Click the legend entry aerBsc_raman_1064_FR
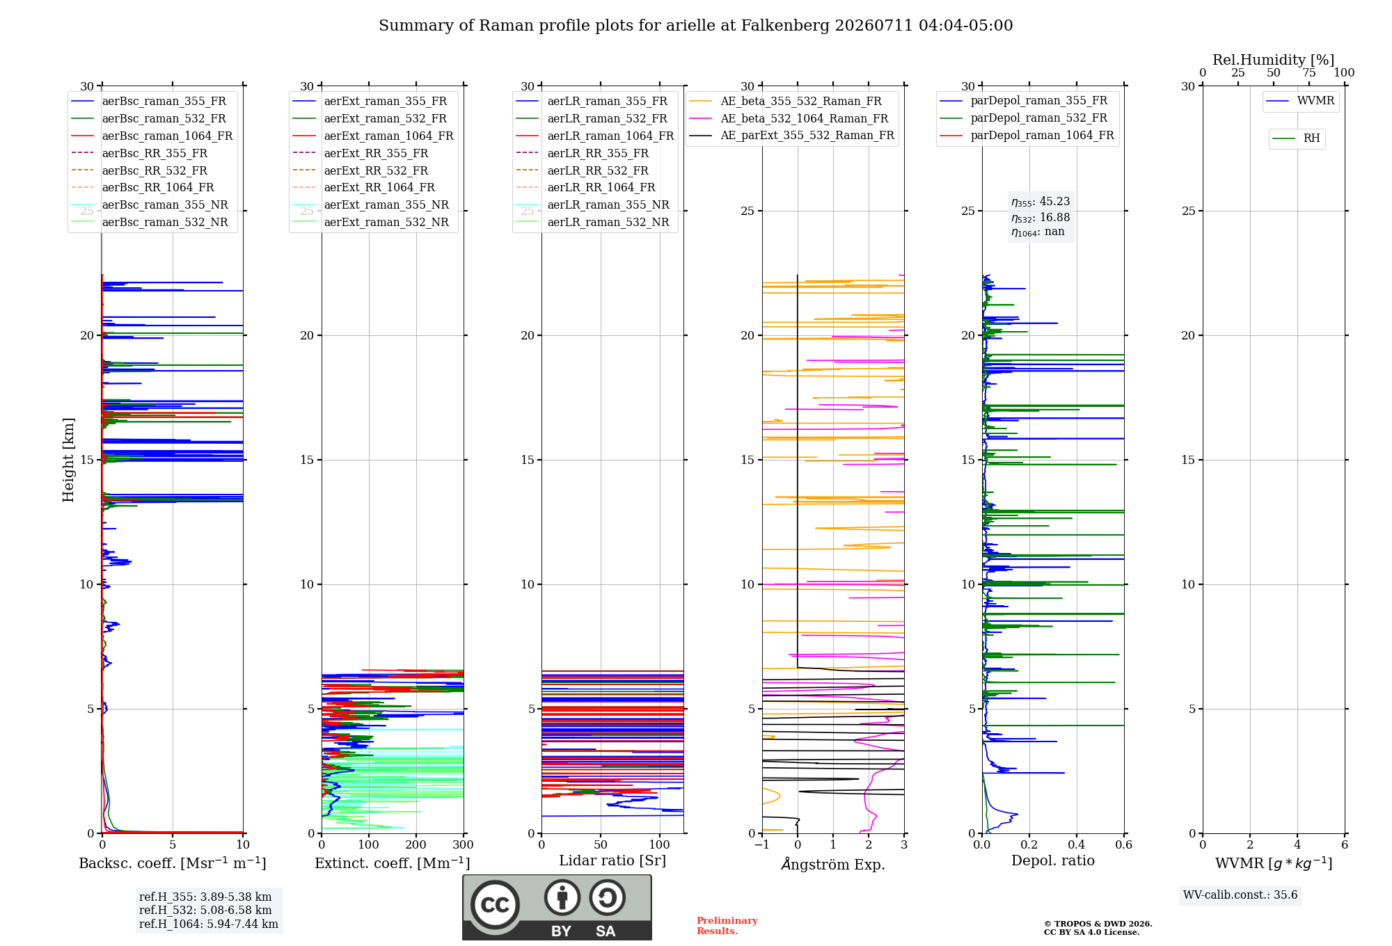[152, 136]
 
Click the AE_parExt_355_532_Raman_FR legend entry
[792, 136]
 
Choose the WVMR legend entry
[1300, 101]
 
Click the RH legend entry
[1296, 138]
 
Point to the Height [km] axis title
[68, 460]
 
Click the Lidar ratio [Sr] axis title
[612, 861]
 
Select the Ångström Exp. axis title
[833, 864]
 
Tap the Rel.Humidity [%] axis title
[1274, 60]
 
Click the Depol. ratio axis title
[1053, 861]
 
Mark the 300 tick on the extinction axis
[464, 844]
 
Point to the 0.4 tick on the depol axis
[1077, 844]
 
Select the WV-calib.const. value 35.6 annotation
[1240, 895]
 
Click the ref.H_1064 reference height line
[209, 924]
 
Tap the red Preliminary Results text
[727, 926]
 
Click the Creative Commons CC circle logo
[495, 905]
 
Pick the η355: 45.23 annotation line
[1041, 202]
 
